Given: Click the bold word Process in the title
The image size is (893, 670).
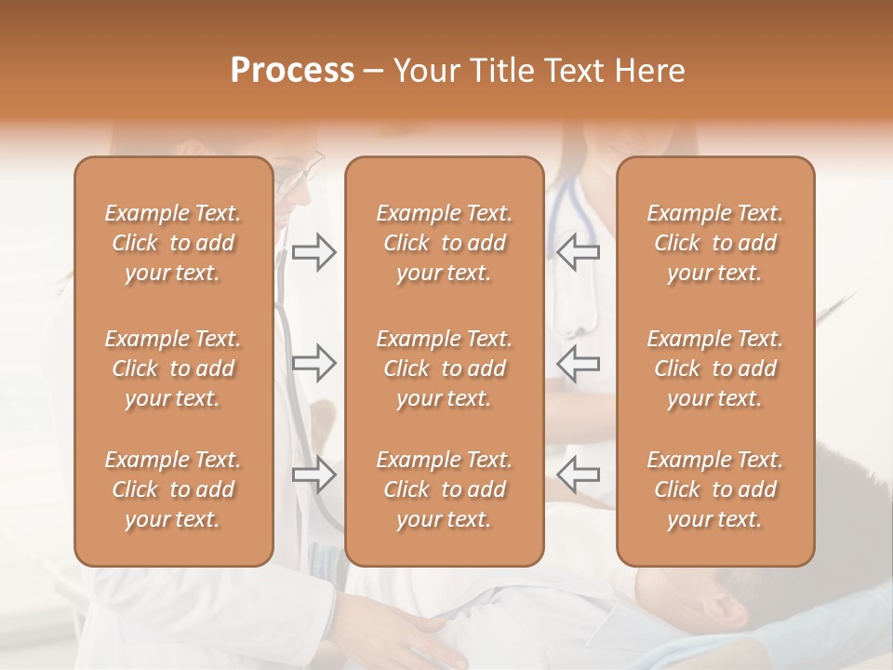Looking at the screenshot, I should tap(292, 71).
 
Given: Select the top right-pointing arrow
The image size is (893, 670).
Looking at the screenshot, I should tap(313, 252).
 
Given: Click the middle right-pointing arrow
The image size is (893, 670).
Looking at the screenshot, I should tap(313, 363).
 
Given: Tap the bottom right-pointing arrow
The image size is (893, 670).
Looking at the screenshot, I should tap(313, 475).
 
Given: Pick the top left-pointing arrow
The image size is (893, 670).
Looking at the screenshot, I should tap(579, 252).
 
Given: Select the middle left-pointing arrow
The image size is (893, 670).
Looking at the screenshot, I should tap(579, 363).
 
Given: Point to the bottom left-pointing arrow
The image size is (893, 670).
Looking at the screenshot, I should tap(579, 475).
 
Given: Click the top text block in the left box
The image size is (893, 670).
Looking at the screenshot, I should tap(173, 243).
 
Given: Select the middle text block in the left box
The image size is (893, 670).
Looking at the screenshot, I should tap(173, 368).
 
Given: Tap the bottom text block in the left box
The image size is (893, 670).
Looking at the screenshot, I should tap(173, 489).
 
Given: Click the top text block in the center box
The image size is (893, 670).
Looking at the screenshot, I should tap(444, 243).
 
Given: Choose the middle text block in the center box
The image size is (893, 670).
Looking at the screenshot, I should tap(444, 368).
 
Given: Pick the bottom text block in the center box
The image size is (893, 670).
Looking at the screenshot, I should tap(444, 489).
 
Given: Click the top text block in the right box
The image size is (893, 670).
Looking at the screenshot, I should tap(715, 243).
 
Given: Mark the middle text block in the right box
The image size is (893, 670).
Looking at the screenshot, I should tap(715, 368).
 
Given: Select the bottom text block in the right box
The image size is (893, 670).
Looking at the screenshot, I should tap(715, 489).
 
